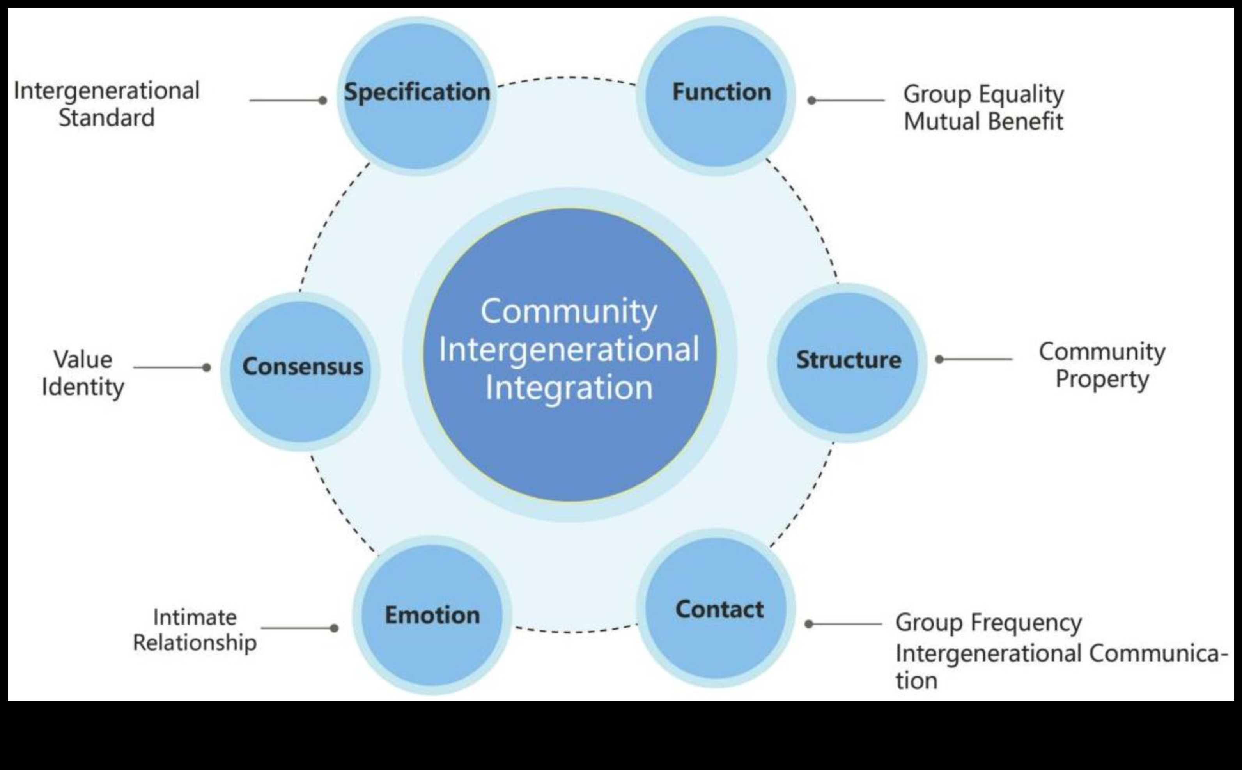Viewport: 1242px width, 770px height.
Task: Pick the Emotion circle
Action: (432, 615)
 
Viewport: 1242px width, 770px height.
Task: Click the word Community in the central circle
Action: (569, 311)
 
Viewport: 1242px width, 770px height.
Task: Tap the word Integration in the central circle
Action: (569, 388)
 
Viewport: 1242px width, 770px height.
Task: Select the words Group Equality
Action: (983, 94)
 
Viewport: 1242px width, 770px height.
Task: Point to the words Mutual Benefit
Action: (983, 122)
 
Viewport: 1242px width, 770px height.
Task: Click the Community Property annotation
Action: (1102, 365)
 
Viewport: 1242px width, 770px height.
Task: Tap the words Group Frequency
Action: (988, 622)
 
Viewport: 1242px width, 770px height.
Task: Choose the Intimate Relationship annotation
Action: (195, 630)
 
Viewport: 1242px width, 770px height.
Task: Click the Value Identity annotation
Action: (83, 373)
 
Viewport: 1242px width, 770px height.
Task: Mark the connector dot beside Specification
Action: (322, 100)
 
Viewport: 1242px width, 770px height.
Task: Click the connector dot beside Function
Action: (812, 100)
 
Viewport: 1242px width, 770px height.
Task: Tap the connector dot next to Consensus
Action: (206, 367)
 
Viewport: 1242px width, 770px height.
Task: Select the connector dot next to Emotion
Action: (334, 628)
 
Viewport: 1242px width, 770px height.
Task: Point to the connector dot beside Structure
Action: (939, 360)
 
